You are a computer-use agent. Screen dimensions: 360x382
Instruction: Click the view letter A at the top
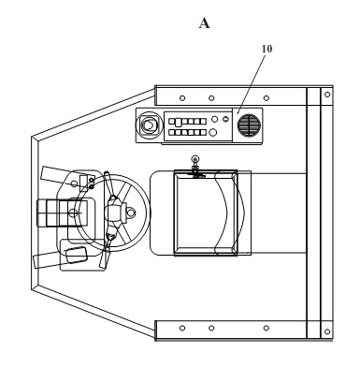pos(204,23)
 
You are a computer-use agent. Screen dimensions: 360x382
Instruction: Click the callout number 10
pos(266,49)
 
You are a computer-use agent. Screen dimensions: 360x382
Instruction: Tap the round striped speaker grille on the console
pos(249,125)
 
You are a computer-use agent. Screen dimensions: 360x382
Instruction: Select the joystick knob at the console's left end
pos(149,125)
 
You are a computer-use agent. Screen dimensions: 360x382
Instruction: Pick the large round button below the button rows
pos(212,132)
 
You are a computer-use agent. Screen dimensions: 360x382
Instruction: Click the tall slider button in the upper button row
pos(178,122)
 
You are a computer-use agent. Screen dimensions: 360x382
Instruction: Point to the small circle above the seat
pos(195,159)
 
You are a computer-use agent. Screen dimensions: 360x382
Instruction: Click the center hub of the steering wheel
pos(115,213)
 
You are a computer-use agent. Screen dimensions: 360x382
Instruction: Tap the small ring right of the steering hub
pos(131,213)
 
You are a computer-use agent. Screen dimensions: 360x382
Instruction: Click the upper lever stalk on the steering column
pos(108,184)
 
